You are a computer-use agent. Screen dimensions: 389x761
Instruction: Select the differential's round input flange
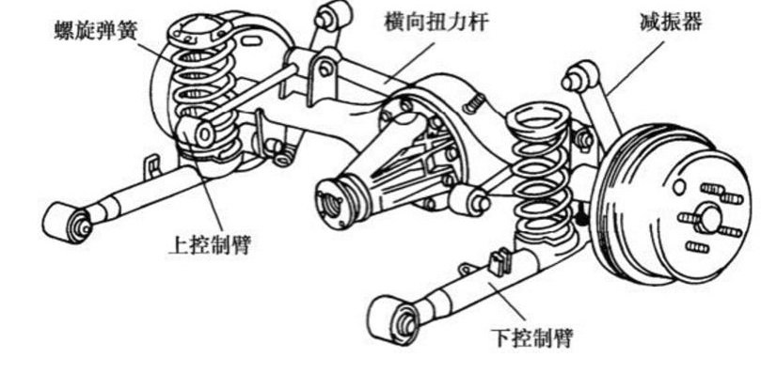pos(331,201)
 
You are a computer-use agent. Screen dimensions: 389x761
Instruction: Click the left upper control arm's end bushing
pos(200,132)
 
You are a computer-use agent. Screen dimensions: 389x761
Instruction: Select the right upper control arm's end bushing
pos(469,200)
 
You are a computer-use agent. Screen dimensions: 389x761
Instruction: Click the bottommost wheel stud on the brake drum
pos(697,247)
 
